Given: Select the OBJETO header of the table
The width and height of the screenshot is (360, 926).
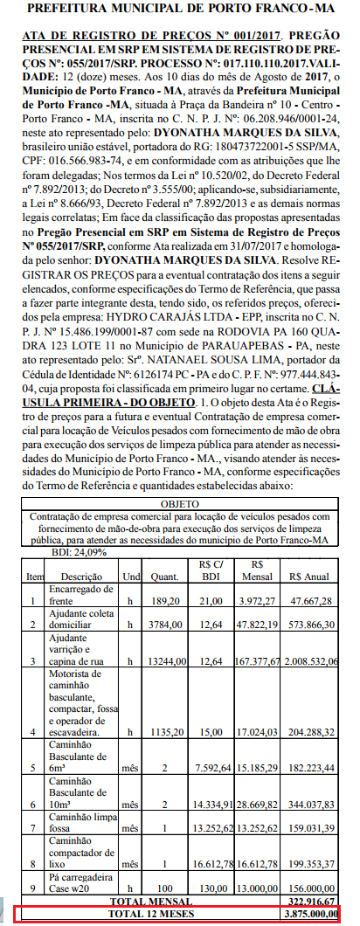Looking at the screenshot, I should (180, 504).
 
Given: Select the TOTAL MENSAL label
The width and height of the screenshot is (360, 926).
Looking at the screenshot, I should (137, 901).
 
